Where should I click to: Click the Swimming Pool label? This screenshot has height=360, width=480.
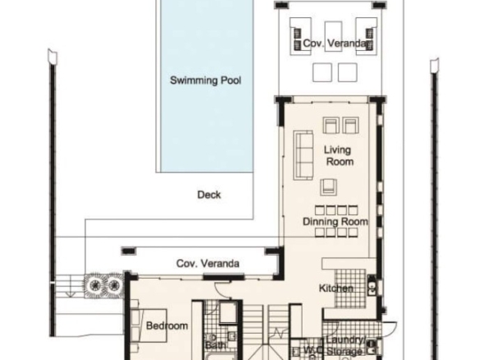tap(205, 81)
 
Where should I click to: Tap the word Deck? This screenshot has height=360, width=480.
tap(209, 195)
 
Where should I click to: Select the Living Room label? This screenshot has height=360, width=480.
tap(339, 155)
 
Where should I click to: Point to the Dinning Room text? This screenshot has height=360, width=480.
tap(335, 221)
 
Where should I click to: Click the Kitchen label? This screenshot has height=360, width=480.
tap(336, 288)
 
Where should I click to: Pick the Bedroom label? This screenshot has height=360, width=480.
tap(167, 325)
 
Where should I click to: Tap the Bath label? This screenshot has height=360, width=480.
tap(215, 345)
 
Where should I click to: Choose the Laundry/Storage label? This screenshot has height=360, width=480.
tap(346, 345)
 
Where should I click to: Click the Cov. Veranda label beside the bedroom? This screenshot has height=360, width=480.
tap(208, 264)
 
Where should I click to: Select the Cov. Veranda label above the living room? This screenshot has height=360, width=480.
tap(335, 44)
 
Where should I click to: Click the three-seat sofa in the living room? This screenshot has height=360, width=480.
tap(303, 155)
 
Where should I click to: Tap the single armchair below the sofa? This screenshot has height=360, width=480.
tap(329, 187)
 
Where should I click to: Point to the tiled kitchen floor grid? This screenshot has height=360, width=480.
tap(350, 288)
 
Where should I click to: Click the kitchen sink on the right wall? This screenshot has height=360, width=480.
tap(372, 285)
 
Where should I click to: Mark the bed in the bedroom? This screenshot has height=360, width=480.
tap(149, 325)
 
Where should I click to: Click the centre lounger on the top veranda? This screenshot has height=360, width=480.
tap(334, 36)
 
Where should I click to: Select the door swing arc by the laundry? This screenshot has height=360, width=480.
tap(390, 329)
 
